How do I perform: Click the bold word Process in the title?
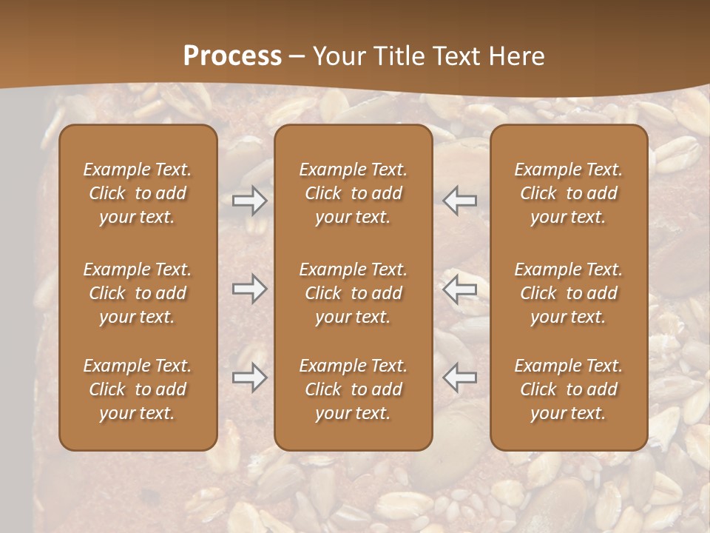tap(232, 56)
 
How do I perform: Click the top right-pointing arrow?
tap(249, 201)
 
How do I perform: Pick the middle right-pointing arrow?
tap(249, 289)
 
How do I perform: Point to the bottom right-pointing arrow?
tap(249, 377)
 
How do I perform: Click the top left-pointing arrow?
tap(459, 201)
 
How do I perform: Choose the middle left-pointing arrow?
tap(459, 289)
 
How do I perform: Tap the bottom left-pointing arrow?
tap(459, 377)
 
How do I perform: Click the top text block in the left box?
tap(138, 193)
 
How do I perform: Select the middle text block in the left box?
tap(138, 293)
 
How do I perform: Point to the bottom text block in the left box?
tap(138, 389)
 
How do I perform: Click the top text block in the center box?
tap(353, 193)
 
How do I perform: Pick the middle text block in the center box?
tap(353, 293)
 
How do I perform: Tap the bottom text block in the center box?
tap(353, 389)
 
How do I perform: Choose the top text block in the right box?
tap(569, 193)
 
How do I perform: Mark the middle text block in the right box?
tap(569, 293)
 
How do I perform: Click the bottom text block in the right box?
tap(569, 389)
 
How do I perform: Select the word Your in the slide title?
tap(337, 56)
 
